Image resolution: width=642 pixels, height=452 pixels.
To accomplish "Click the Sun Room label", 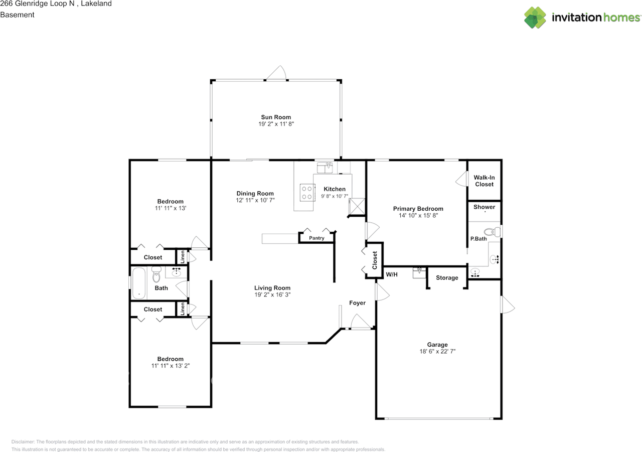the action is [276, 117].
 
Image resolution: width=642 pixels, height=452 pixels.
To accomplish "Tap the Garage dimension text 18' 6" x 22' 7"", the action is [437, 351].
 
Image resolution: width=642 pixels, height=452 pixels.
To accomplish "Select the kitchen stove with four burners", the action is [307, 192].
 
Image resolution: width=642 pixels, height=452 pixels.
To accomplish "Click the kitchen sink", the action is [325, 168].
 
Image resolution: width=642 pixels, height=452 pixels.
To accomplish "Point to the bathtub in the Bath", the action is [139, 283].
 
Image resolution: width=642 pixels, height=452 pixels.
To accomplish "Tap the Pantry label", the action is [316, 238].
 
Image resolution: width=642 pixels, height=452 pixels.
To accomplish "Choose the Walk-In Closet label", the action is [484, 181].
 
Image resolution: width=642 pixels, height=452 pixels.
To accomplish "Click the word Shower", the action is [484, 207].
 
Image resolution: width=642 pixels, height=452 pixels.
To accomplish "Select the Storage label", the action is [447, 277].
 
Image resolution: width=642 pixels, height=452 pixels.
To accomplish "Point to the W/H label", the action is [392, 274].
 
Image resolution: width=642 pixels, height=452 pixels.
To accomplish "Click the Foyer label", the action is [357, 303].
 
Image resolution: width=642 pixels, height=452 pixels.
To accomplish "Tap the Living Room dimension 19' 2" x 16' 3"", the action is [272, 294].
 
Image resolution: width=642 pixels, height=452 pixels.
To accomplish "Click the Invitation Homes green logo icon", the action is [535, 18].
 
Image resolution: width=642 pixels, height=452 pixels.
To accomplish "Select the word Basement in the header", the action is [17, 15].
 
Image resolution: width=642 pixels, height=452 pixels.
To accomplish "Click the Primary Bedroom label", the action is [418, 209].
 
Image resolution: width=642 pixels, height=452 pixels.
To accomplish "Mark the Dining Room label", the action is [255, 194].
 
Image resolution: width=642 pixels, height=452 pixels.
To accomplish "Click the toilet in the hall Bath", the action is [156, 274].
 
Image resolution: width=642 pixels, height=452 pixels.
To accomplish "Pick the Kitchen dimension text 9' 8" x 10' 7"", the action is [335, 196].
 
